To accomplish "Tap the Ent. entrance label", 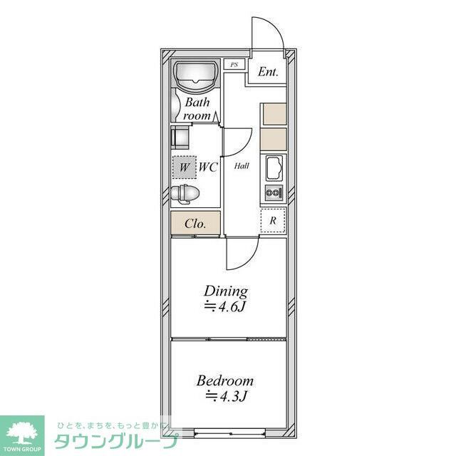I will coord(268,72).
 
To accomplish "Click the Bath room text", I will coord(197,109).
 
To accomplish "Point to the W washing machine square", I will coord(185,167).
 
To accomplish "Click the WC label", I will coord(208,167).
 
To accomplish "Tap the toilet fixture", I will coord(187,193).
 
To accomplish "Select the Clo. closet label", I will coord(195,224).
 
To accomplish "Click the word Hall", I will coord(242,166).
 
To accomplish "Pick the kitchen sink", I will coord(274,169).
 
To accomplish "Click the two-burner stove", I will coord(274,192).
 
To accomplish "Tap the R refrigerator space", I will coord(273,220).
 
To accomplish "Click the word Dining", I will coord(226,291).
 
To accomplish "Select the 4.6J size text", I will coord(226,307).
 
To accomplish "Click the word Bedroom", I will coord(225,380).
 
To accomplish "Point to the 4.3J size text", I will coord(225,396).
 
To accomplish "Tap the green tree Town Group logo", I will coord(22,432).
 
